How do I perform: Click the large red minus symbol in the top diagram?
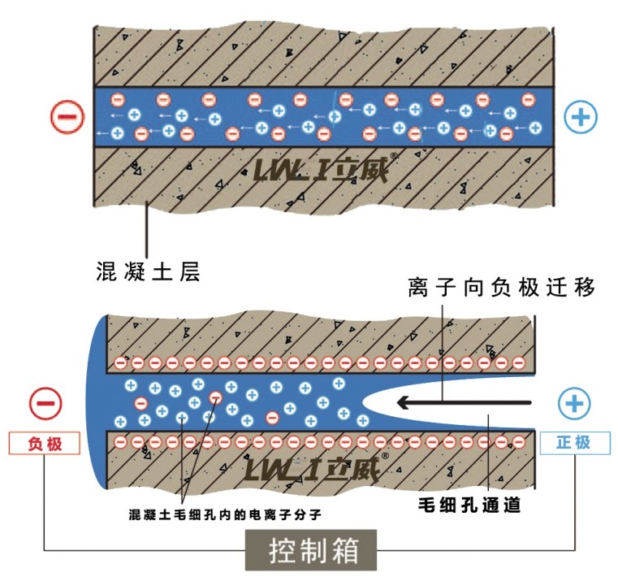[67, 117]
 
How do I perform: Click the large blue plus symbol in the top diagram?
[581, 117]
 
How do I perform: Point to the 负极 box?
[44, 443]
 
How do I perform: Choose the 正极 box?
[573, 443]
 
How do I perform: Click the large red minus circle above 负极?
[44, 402]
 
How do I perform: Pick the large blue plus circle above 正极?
[573, 402]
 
